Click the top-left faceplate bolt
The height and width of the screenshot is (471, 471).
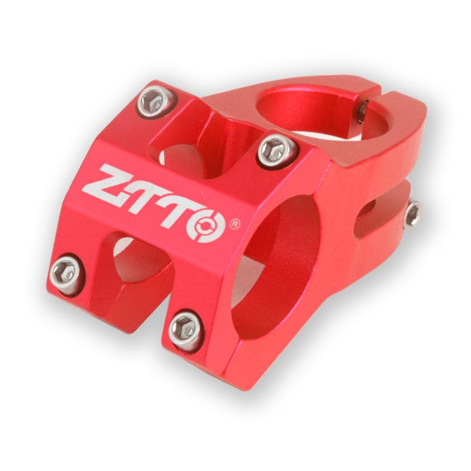click(155, 101)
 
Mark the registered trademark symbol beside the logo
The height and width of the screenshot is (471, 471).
click(235, 224)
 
